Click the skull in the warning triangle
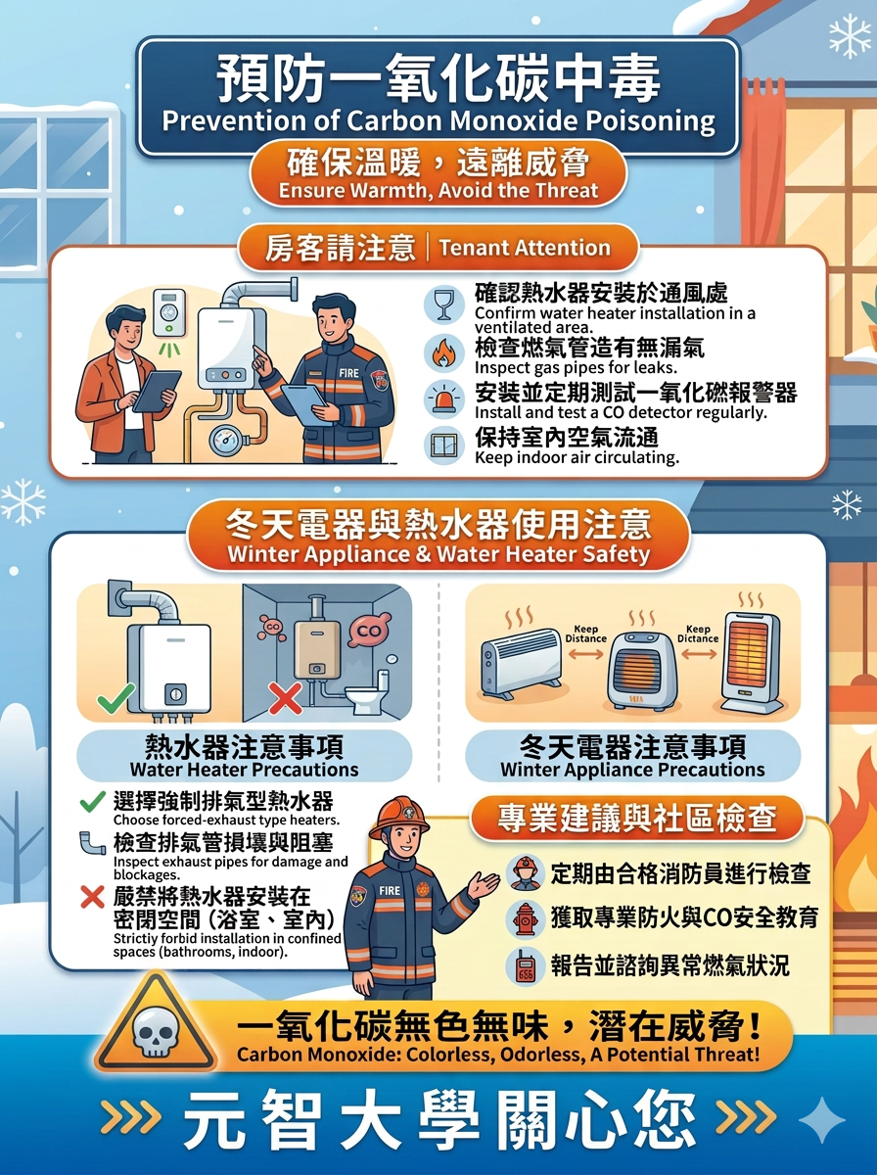point(156,1034)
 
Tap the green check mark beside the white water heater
point(115,697)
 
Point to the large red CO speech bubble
point(369,632)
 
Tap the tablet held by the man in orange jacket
point(157,392)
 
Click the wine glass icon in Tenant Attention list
point(444,305)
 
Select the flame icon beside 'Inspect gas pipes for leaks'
point(444,353)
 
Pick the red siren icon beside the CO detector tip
point(444,399)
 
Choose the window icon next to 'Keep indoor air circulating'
point(444,445)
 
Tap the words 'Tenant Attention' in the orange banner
point(525,248)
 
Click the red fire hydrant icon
point(526,918)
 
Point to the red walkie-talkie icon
point(526,966)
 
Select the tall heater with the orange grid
point(752,663)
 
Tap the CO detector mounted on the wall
point(169,312)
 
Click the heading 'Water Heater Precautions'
point(244,770)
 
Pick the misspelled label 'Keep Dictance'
point(698,634)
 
